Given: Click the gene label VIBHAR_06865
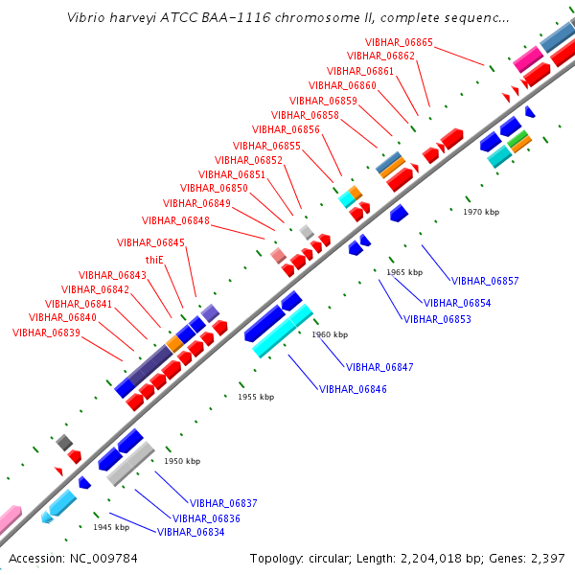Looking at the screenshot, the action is point(399,42).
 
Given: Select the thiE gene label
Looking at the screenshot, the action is point(154,260).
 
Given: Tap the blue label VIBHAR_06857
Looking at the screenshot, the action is point(485,281).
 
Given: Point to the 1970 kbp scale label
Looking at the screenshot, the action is point(481,212).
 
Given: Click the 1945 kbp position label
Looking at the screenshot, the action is point(111,527).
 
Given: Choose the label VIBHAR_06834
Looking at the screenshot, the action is point(191,532).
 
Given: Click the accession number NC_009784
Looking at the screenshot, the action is point(103,559).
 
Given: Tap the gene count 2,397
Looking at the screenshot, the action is point(548,559).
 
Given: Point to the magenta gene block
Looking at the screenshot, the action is point(528,58).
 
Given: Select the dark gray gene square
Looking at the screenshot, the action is point(64,443).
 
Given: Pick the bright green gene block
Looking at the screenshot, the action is point(517,139).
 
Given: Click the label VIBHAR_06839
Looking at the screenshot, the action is point(46,333).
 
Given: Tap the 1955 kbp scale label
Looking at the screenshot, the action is point(256,397).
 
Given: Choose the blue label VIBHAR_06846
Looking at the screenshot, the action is point(353,389).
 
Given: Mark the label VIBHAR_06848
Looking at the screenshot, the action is point(175,220).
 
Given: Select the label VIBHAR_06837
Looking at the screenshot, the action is point(223,503).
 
